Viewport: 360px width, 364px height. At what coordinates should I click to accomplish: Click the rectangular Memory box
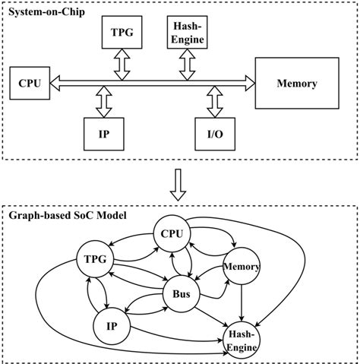click(x=297, y=84)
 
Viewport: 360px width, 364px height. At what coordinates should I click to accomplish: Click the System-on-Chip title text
click(x=46, y=11)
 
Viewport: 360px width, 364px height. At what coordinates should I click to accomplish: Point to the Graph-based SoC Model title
click(x=68, y=216)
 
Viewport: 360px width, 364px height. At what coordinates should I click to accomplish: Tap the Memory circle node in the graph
click(x=242, y=267)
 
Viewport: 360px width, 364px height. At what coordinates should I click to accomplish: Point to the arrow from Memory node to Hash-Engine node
click(x=242, y=302)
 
